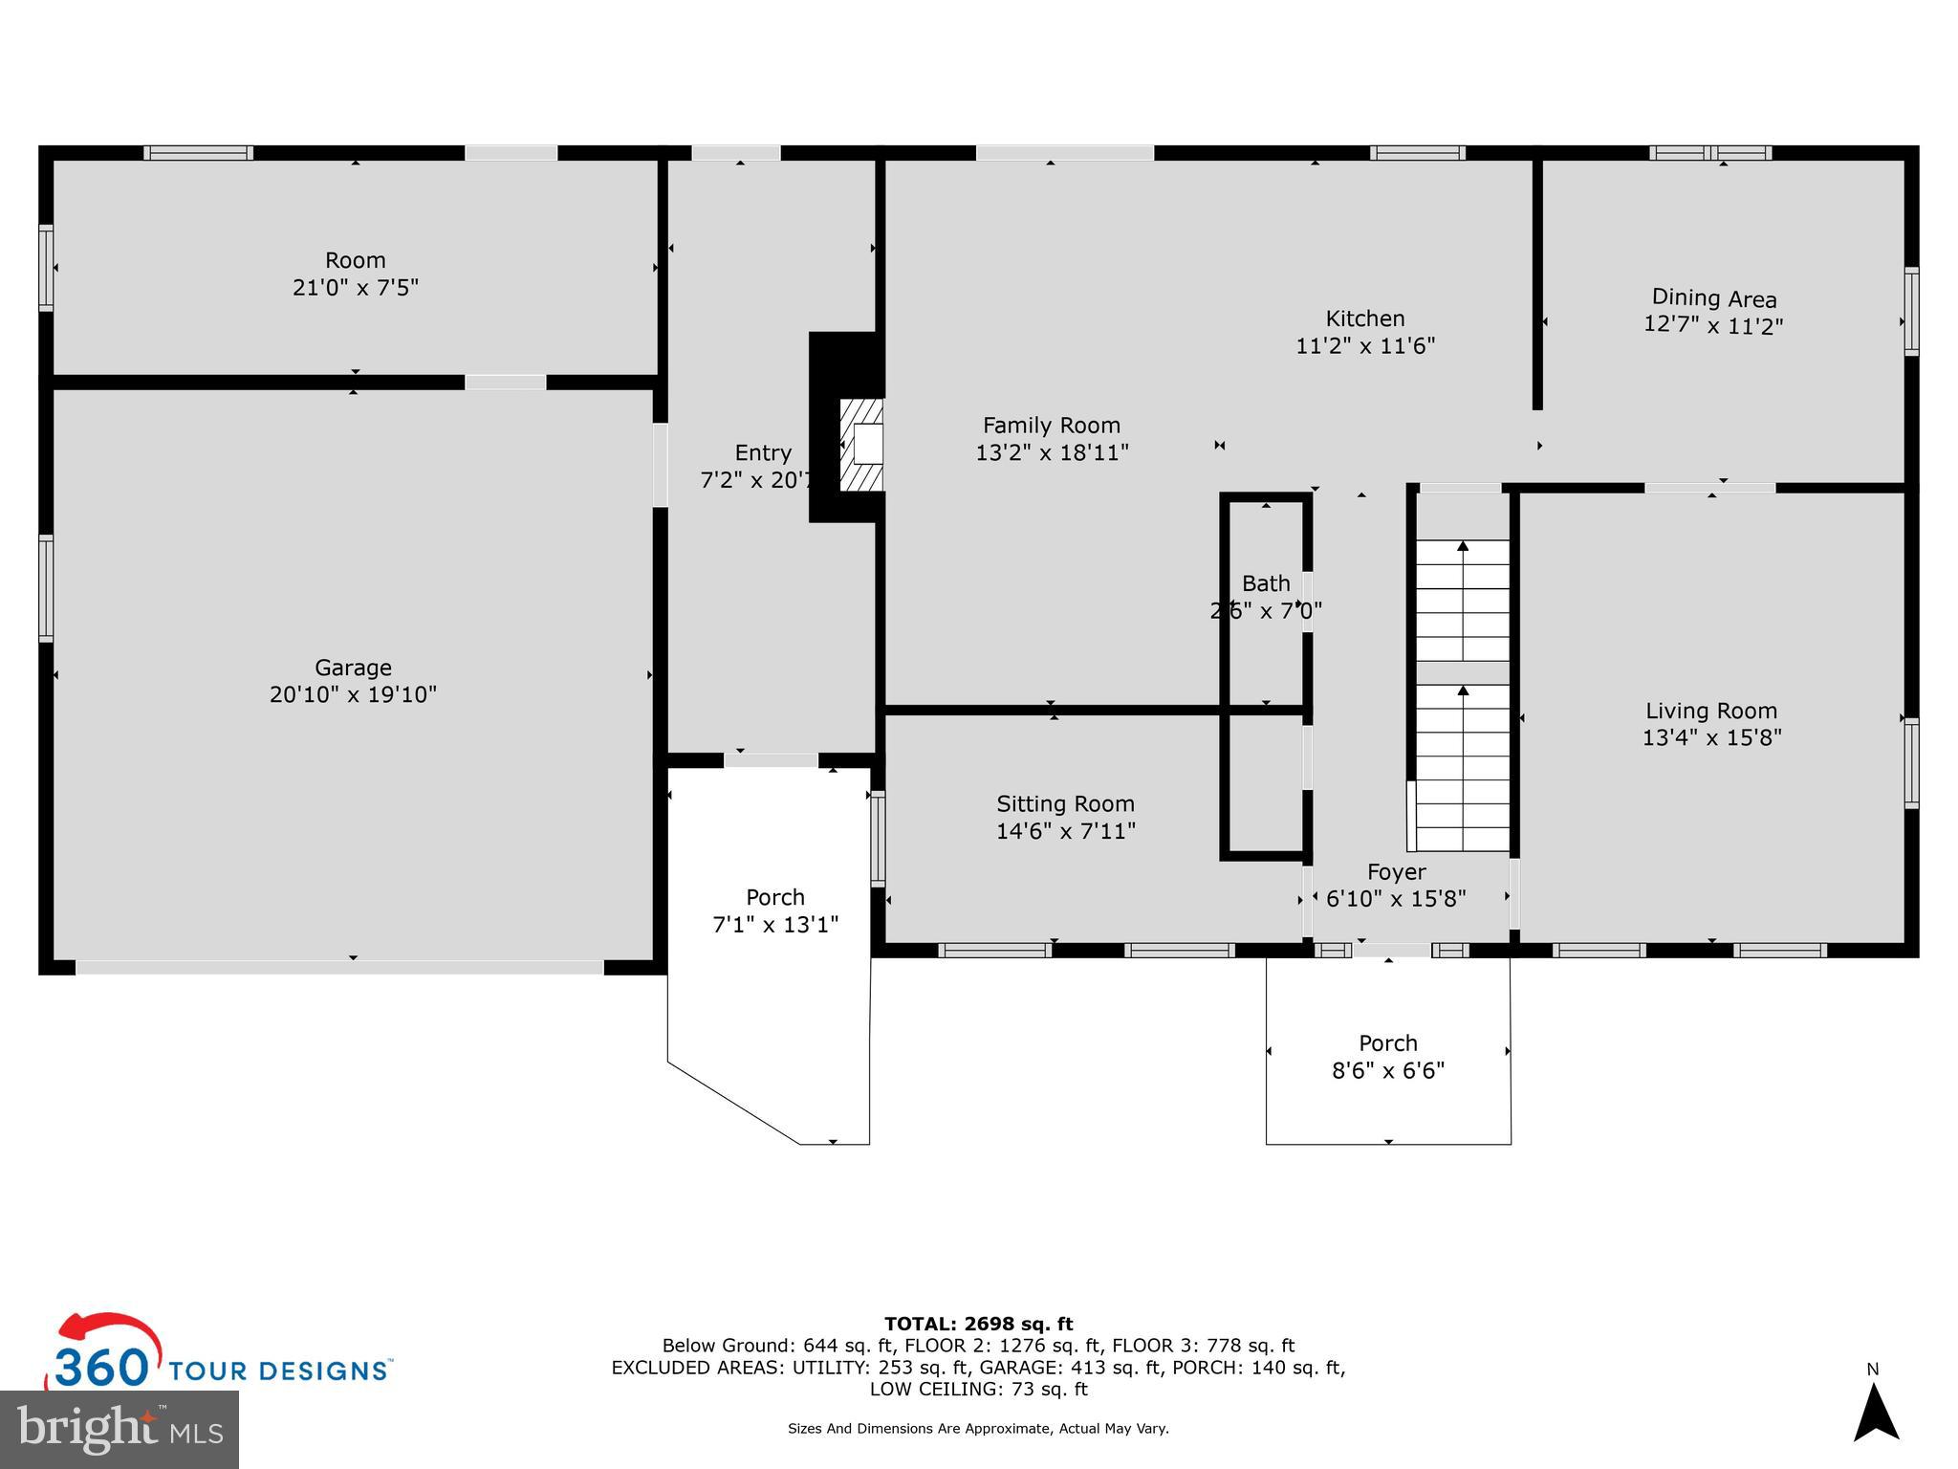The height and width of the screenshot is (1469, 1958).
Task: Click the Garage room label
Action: [353, 668]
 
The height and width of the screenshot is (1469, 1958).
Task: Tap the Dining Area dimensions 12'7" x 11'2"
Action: [1713, 325]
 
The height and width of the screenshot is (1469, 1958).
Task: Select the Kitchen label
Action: [1364, 318]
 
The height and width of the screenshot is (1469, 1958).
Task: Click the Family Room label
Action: [1052, 426]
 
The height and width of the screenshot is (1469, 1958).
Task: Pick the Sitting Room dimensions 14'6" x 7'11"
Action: [1065, 831]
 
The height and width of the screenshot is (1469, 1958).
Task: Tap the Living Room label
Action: [1711, 711]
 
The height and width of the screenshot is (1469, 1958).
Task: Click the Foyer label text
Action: [1396, 872]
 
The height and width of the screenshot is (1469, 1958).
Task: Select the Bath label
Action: [1266, 583]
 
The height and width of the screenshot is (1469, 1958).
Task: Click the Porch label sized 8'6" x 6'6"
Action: [1388, 1043]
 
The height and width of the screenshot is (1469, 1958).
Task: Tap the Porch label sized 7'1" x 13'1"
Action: [775, 898]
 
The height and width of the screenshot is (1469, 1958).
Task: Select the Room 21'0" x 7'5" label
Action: [355, 260]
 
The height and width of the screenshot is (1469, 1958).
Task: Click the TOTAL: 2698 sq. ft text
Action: [978, 1324]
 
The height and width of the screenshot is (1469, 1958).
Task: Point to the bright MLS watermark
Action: [120, 1430]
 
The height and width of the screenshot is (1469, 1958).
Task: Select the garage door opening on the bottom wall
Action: [339, 967]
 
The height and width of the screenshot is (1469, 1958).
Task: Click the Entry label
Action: [763, 453]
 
